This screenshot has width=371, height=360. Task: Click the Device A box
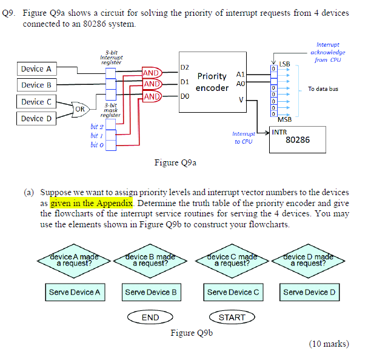point(36,68)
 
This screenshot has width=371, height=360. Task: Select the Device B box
point(36,85)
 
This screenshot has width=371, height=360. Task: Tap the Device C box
point(36,102)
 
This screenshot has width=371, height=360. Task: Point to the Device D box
point(36,118)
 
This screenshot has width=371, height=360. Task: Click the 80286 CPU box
point(297,139)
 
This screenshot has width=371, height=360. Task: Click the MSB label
point(285,119)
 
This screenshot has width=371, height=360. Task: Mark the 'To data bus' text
point(323,89)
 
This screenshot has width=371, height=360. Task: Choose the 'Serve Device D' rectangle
point(309,292)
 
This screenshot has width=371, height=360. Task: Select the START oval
point(232,317)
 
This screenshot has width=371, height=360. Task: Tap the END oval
point(150,317)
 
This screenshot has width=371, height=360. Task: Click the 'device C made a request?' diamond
point(233,261)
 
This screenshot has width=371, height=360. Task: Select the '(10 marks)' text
point(329,344)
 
